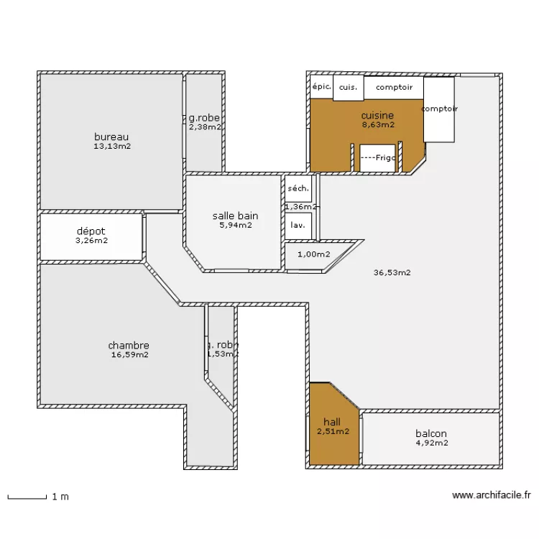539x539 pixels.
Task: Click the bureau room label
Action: point(111,137)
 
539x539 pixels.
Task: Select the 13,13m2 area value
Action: point(111,146)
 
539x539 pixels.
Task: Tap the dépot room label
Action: point(91,231)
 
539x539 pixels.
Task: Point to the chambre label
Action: point(129,345)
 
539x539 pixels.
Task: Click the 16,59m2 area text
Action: point(129,354)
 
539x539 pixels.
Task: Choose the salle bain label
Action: point(235,216)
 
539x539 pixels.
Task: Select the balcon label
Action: point(431,433)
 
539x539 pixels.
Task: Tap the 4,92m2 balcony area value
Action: point(431,443)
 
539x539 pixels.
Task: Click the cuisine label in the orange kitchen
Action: point(377,115)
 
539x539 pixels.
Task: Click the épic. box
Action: point(321,87)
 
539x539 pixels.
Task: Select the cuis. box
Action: point(348,87)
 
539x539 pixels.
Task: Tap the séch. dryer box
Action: point(298,189)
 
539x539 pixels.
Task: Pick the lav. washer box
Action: point(298,224)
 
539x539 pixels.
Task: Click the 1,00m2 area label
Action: point(314,254)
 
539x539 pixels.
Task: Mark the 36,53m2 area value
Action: point(392,272)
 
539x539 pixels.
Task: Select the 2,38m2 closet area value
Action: point(204,127)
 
